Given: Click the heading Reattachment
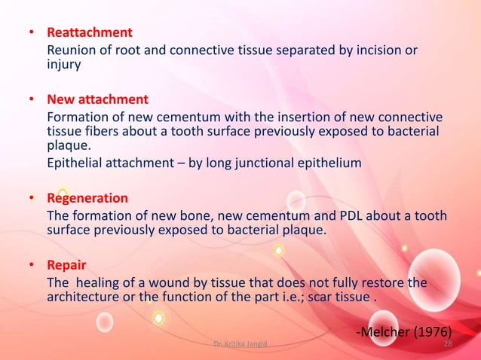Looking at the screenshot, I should (x=90, y=33).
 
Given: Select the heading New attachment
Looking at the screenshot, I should (x=97, y=99).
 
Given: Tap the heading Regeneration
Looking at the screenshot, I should (x=87, y=199).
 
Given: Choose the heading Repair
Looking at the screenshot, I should (x=66, y=265).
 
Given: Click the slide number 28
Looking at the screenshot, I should (x=448, y=344).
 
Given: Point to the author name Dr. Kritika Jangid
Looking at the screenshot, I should (x=240, y=344).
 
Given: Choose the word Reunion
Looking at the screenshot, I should (x=70, y=50).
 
